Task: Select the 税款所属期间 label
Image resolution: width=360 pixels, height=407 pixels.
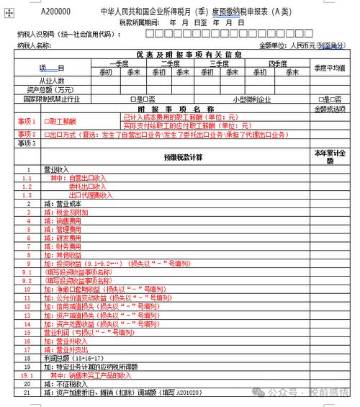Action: point(140,22)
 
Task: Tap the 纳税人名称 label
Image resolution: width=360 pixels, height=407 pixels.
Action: point(34,45)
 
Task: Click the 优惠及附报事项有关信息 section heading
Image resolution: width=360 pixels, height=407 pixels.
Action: point(189,54)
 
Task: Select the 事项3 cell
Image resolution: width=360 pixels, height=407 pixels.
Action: point(27,143)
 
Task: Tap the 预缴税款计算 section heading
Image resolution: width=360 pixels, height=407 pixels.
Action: point(184,157)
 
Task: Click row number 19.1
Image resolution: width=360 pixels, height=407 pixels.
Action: point(27,375)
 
